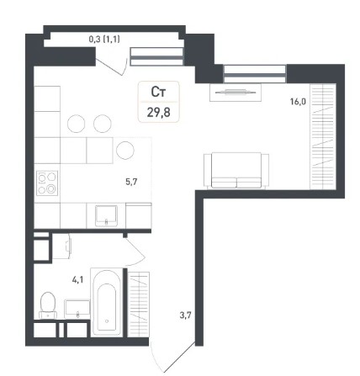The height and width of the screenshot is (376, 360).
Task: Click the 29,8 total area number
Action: click(x=159, y=113)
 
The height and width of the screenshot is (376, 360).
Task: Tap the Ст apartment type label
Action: click(x=158, y=92)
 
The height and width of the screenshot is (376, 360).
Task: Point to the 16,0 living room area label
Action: click(x=298, y=102)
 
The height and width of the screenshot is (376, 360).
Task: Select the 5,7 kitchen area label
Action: click(x=131, y=182)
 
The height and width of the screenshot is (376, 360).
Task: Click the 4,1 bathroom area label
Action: click(x=77, y=279)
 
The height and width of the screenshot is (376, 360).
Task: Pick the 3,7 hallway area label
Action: click(x=185, y=315)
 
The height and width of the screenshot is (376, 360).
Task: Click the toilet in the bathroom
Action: click(x=48, y=305)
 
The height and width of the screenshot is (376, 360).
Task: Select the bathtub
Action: click(x=107, y=302)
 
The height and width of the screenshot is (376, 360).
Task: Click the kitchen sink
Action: click(x=106, y=215)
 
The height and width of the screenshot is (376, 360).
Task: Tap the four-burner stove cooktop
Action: click(x=47, y=183)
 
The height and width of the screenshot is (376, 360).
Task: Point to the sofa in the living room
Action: click(x=236, y=171)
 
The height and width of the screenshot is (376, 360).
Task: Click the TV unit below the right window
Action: click(x=236, y=92)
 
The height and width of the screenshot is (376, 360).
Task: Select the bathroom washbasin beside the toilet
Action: click(x=77, y=309)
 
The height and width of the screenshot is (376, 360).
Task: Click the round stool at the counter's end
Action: click(x=125, y=151)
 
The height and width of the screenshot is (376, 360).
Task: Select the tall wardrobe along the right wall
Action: click(x=322, y=136)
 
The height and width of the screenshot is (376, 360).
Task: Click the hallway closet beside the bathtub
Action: click(x=139, y=304)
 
